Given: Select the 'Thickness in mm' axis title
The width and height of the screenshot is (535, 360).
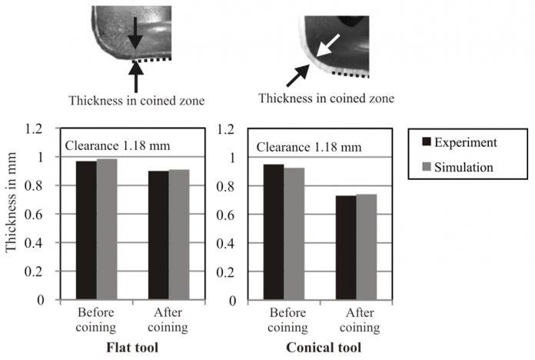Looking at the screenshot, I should (12, 215).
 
